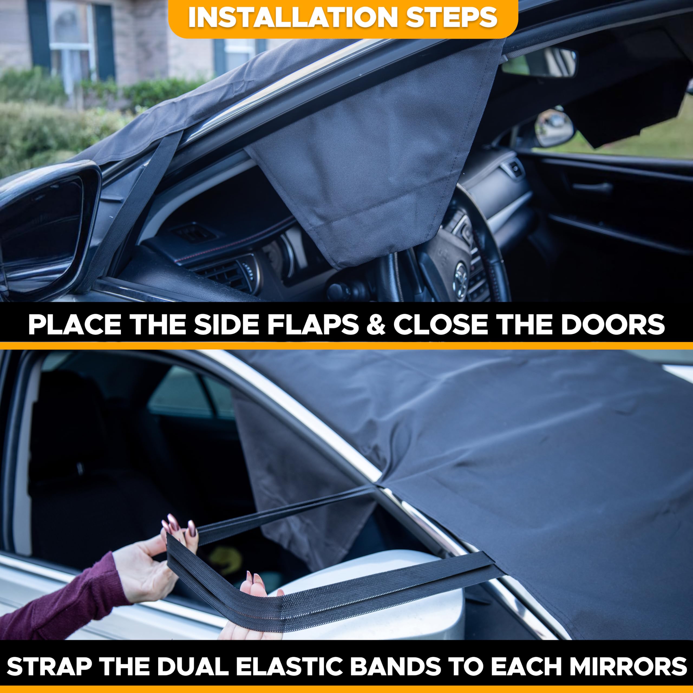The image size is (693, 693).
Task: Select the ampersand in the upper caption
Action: coord(376,325)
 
